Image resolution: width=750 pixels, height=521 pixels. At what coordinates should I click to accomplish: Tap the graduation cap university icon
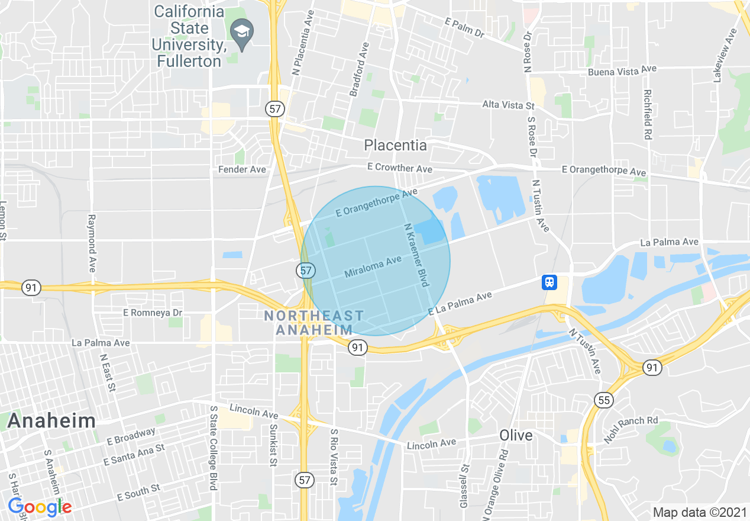[242, 30]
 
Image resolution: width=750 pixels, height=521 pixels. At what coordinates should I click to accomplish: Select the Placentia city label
[395, 145]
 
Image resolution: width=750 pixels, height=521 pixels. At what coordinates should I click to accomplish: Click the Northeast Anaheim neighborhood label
[314, 323]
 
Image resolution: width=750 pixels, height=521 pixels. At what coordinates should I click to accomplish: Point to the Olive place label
[516, 436]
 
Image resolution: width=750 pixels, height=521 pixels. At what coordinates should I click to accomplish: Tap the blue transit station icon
[549, 282]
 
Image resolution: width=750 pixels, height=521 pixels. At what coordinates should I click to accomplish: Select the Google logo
[39, 507]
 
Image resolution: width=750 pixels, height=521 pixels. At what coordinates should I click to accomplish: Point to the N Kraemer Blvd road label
[416, 255]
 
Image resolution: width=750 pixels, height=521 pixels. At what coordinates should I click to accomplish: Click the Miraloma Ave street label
[373, 266]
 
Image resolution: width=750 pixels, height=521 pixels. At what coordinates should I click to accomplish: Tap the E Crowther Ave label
[399, 168]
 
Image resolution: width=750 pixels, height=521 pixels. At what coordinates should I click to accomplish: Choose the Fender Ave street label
[243, 169]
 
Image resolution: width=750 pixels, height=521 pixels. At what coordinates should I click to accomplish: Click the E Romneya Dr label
[153, 312]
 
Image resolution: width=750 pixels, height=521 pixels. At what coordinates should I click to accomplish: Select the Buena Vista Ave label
[622, 71]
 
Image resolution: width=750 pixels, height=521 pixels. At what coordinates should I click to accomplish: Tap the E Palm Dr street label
[464, 28]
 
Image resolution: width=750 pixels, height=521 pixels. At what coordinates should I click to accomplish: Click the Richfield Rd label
[648, 115]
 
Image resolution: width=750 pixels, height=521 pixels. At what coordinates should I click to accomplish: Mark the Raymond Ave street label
[92, 243]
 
